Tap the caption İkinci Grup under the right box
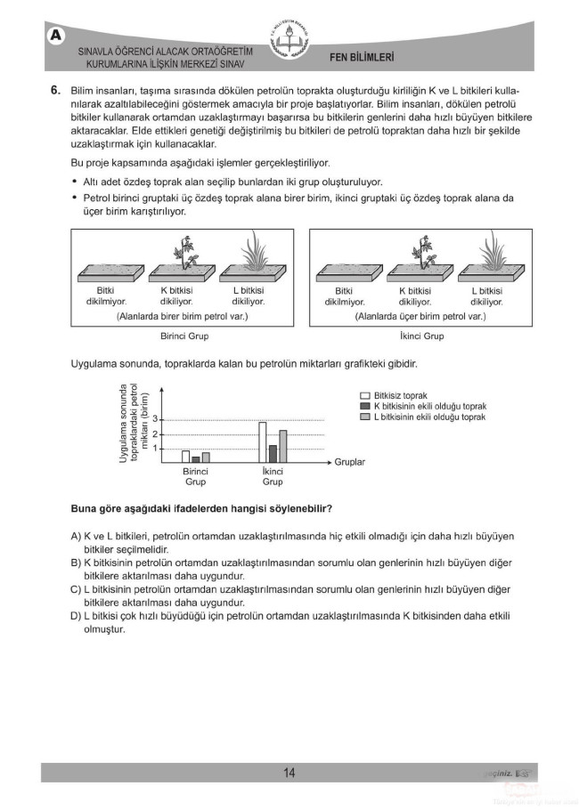pyautogui.click(x=421, y=336)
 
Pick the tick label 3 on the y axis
pyautogui.click(x=155, y=419)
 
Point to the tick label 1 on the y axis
pyautogui.click(x=155, y=448)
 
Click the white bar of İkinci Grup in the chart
pyautogui.click(x=263, y=441)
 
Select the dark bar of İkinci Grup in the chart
pyautogui.click(x=273, y=453)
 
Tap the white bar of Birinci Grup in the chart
pyautogui.click(x=185, y=457)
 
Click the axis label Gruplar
pyautogui.click(x=350, y=463)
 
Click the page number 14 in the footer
pyautogui.click(x=289, y=773)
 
